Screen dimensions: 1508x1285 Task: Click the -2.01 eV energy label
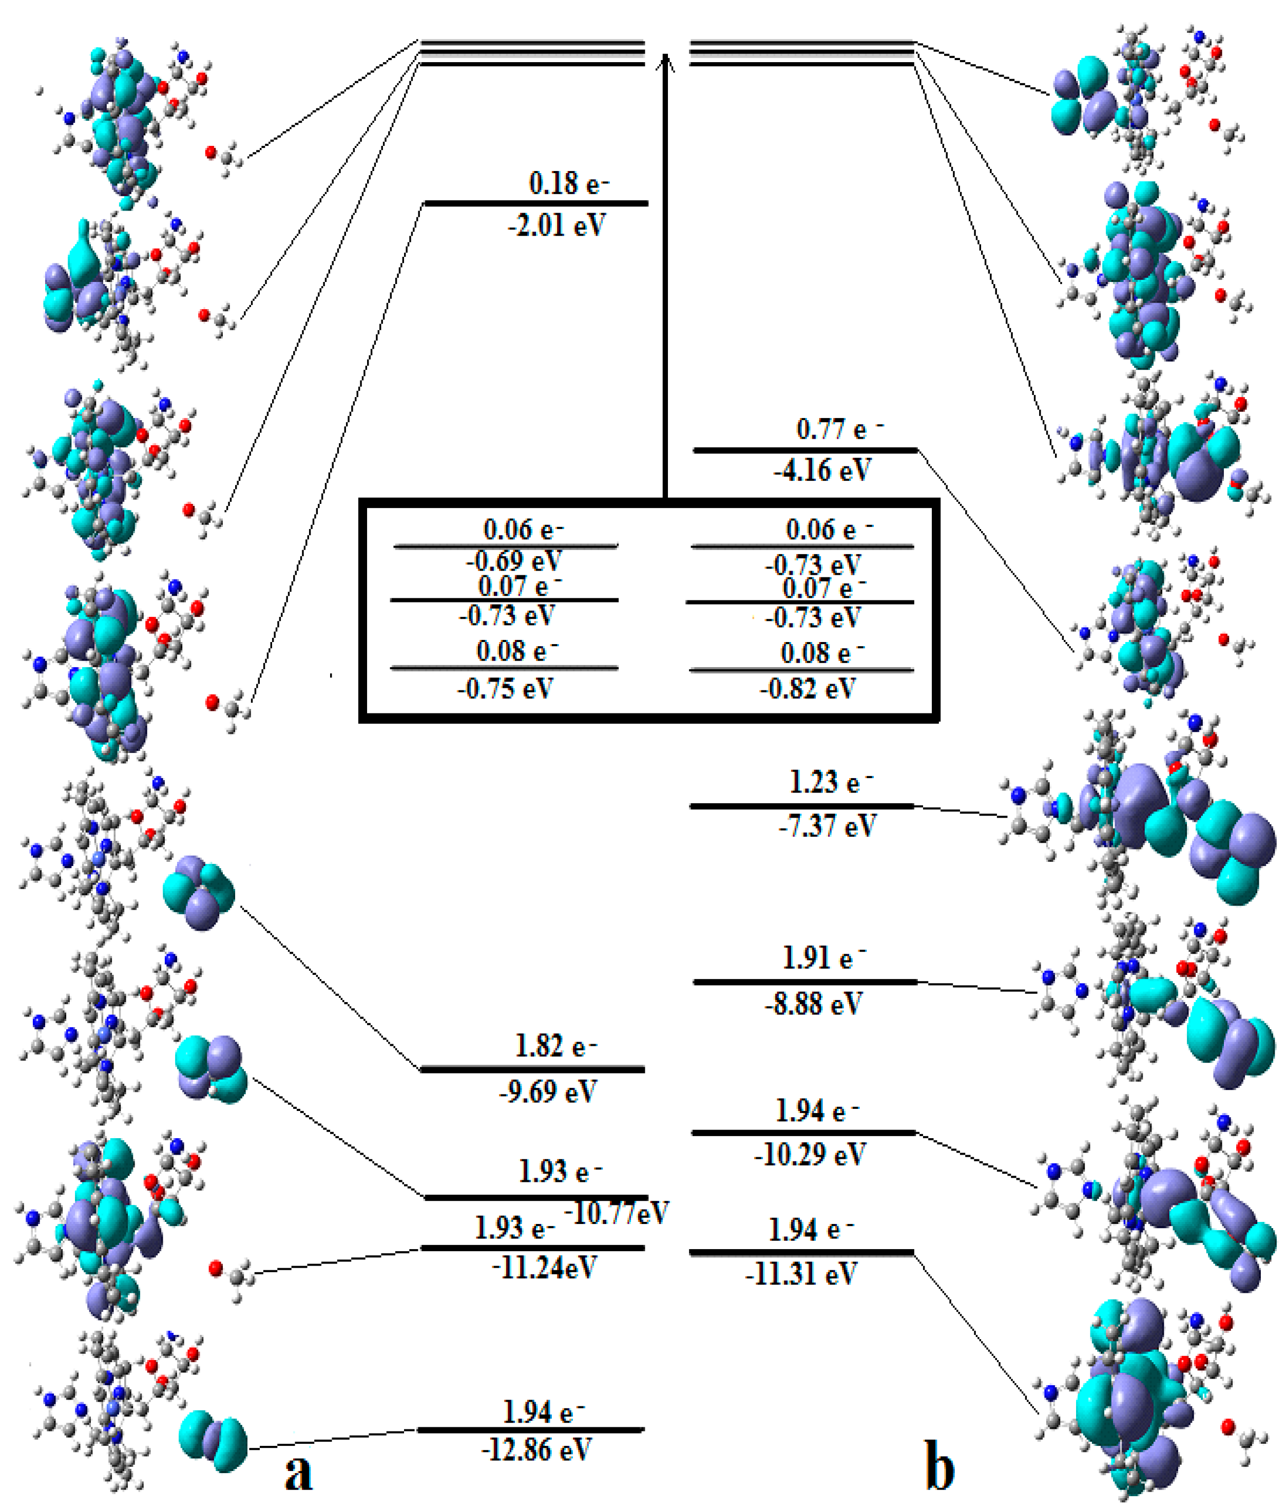click(557, 225)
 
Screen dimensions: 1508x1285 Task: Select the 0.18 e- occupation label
click(568, 183)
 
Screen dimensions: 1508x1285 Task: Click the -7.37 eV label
click(828, 826)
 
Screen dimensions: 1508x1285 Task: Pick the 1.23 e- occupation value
click(830, 782)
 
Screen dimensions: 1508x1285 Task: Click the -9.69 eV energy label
click(548, 1091)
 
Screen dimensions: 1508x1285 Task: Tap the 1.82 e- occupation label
click(555, 1047)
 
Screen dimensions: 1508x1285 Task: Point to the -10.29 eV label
click(809, 1155)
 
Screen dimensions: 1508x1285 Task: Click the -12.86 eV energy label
click(536, 1450)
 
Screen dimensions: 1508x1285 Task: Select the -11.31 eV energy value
click(800, 1274)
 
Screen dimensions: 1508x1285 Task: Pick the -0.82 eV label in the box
click(808, 688)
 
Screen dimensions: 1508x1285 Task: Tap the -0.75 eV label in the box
click(505, 688)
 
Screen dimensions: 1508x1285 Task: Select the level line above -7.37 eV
click(801, 806)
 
